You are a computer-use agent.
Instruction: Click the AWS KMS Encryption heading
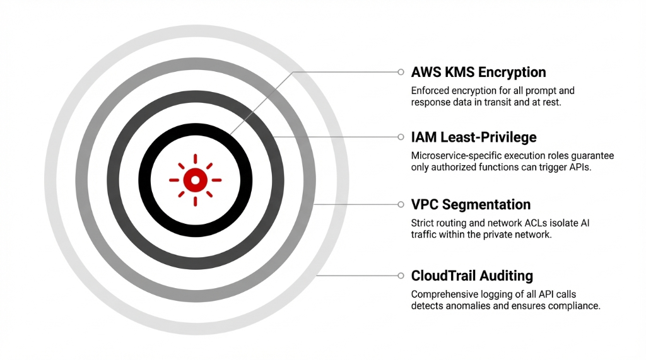[x=478, y=72]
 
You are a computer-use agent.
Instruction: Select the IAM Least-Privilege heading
[x=474, y=137]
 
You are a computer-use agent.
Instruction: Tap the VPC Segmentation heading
[x=471, y=204]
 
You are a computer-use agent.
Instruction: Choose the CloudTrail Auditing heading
[x=472, y=276]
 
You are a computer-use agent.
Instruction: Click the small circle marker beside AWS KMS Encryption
[x=401, y=72]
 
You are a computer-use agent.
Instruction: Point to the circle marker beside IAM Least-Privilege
[x=401, y=137]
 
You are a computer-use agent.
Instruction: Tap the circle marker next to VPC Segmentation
[x=401, y=204]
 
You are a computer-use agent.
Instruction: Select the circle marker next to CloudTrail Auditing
[x=401, y=276]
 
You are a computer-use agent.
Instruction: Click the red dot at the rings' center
[x=195, y=180]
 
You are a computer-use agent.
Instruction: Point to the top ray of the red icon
[x=195, y=158]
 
